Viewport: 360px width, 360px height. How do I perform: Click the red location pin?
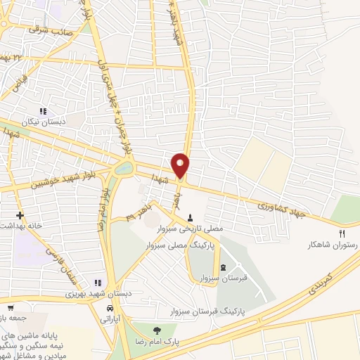[181, 165]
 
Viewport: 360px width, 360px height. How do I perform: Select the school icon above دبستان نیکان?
[44, 110]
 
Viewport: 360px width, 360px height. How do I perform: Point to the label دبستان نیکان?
[44, 121]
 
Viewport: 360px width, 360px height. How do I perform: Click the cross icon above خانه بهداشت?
[19, 214]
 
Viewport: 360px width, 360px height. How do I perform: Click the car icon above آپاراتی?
[110, 308]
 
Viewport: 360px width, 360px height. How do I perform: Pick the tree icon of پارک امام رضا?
[156, 330]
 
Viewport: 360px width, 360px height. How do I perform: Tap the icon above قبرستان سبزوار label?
[224, 267]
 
